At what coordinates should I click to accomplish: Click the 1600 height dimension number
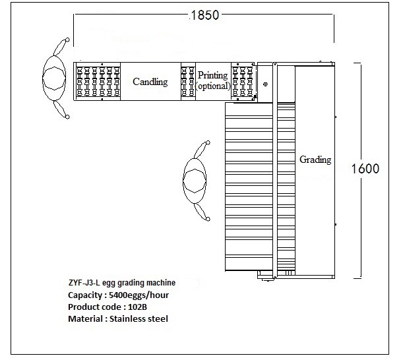pos(365,168)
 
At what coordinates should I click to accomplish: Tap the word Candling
pos(150,82)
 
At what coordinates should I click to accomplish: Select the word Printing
pos(213,75)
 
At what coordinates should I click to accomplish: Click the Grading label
pos(315,160)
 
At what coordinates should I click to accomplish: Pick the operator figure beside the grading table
pos(196,180)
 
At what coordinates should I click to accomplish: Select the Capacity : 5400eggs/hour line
pos(113,295)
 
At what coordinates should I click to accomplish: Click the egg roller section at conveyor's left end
pos(98,81)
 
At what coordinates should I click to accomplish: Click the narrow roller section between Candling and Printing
pos(189,81)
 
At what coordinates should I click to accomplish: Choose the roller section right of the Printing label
pos(243,81)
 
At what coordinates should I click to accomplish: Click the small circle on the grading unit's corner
pos(264,84)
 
